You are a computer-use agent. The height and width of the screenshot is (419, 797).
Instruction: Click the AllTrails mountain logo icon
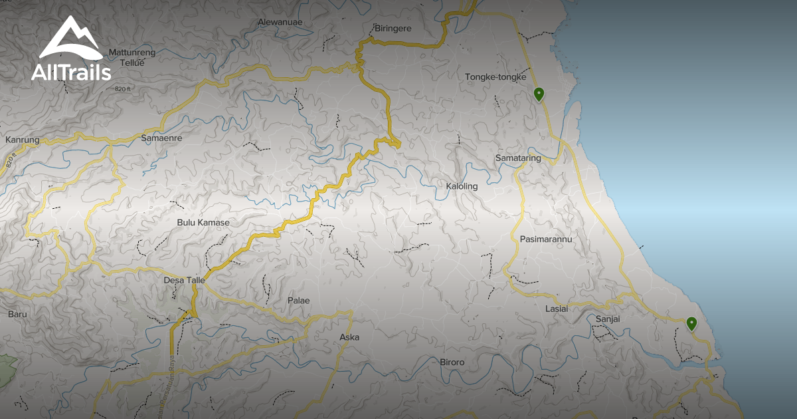click(x=70, y=39)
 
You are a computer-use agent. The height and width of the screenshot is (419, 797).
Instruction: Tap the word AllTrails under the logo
click(x=71, y=72)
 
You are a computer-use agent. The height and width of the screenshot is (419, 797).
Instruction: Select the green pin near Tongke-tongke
click(x=539, y=94)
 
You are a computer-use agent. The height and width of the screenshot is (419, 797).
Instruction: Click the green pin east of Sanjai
click(x=691, y=324)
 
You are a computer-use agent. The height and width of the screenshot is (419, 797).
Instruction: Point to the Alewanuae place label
click(x=280, y=22)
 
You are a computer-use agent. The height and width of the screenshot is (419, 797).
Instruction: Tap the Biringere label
click(x=393, y=29)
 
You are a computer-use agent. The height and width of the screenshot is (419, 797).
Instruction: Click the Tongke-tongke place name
click(x=495, y=76)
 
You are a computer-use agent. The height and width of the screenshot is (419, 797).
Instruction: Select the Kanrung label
click(x=23, y=140)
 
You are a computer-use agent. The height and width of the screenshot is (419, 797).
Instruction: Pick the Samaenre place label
click(x=161, y=138)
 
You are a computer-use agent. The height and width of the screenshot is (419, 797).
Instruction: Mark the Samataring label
click(x=518, y=158)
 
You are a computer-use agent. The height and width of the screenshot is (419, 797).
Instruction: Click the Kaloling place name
click(x=462, y=186)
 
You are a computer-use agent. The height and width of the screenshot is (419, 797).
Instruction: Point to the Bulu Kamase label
click(x=203, y=222)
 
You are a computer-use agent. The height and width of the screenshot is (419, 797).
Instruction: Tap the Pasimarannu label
click(x=546, y=239)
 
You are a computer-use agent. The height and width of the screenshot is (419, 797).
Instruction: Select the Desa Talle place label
click(x=184, y=281)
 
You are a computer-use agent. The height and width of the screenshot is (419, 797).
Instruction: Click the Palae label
click(x=298, y=301)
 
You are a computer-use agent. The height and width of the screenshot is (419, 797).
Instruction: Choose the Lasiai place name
click(x=557, y=309)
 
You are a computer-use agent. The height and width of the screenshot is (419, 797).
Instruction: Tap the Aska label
click(x=349, y=337)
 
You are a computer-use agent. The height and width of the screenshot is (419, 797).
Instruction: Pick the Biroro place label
click(x=452, y=362)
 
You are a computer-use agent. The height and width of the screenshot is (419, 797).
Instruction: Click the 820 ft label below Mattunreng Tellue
click(x=124, y=88)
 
